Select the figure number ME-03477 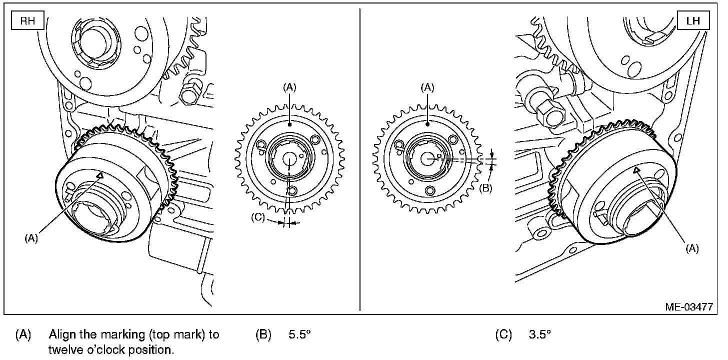tap(688, 306)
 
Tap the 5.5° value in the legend tap(300, 334)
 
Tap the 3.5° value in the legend tap(540, 334)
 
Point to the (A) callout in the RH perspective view tap(31, 238)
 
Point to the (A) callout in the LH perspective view tap(692, 248)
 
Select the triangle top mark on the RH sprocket tap(100, 175)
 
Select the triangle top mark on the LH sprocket tap(636, 170)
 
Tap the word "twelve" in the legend tap(63, 349)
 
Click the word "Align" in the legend tap(59, 334)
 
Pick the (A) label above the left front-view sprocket tap(290, 87)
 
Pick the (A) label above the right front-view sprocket tap(427, 87)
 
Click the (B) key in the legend tap(263, 334)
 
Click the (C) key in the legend tap(503, 334)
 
